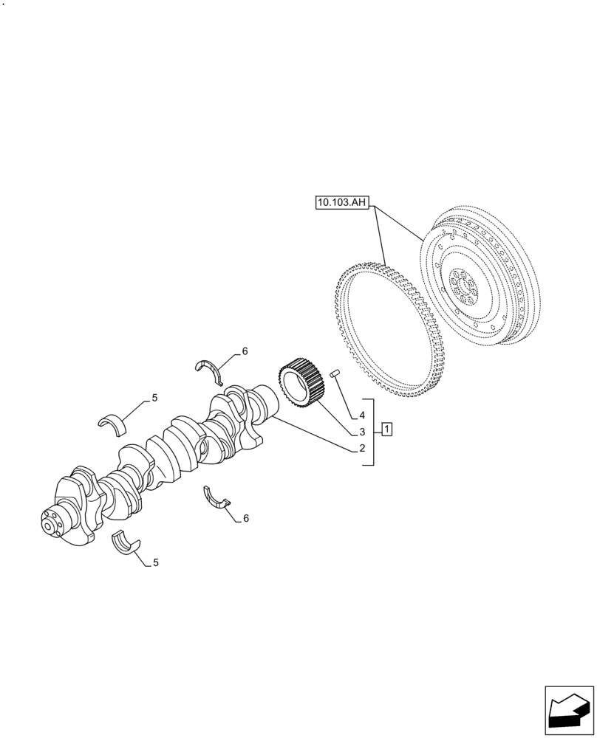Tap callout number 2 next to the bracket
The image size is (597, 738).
[x=363, y=448]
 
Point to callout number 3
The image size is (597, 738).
[x=363, y=431]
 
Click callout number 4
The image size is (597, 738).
[x=363, y=415]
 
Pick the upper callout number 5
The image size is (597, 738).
[x=154, y=399]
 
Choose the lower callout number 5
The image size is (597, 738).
[x=155, y=562]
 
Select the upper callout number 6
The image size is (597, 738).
[x=245, y=351]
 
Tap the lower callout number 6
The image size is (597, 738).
[x=245, y=518]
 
